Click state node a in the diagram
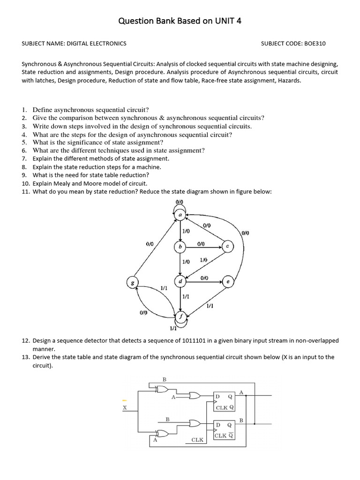180,215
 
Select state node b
180,247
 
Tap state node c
227,246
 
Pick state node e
227,282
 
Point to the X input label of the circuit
125,408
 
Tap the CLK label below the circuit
198,440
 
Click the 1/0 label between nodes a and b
186,231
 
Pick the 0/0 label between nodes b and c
201,244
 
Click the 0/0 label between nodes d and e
204,278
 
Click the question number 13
26,357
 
